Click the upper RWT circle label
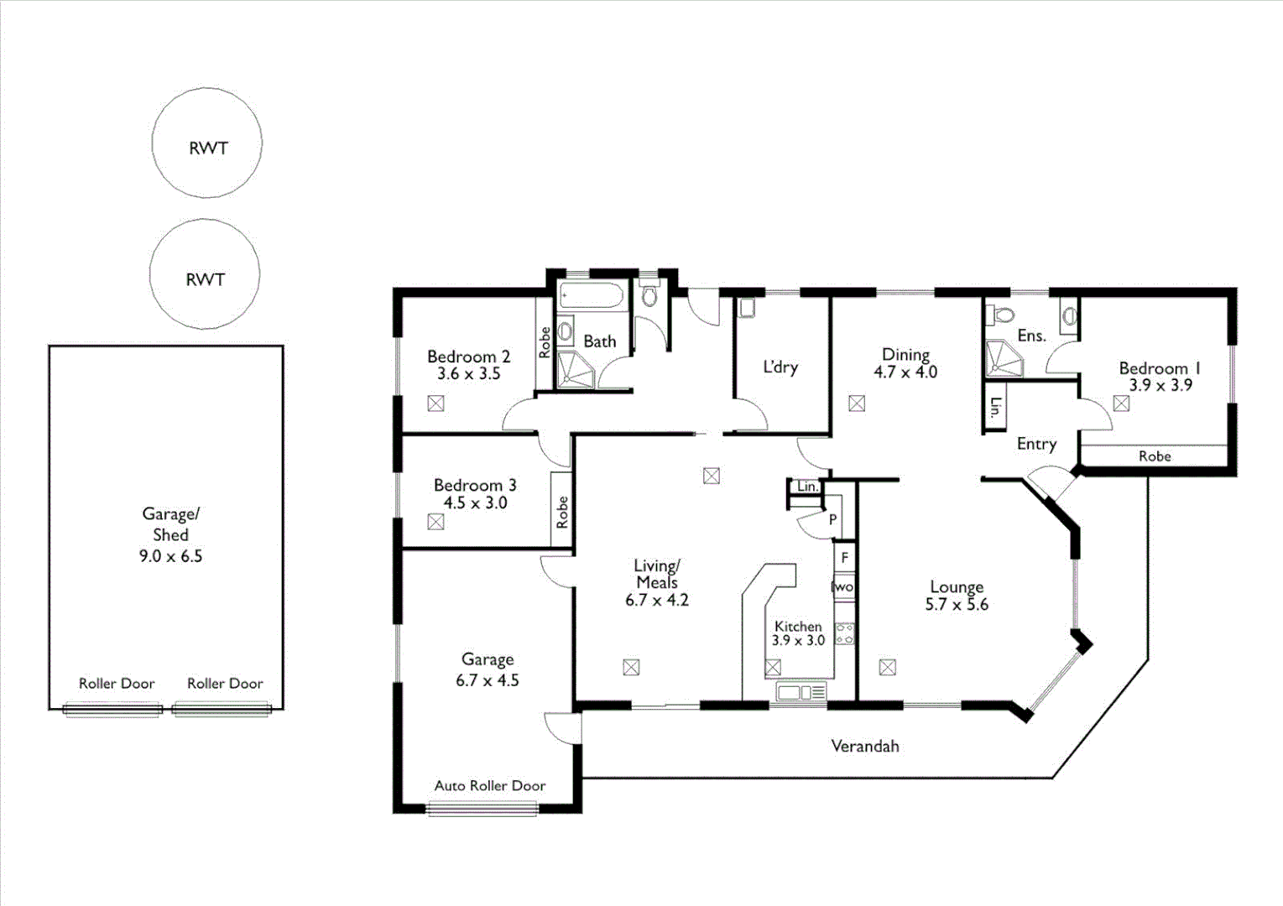pos(208,148)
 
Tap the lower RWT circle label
pos(206,279)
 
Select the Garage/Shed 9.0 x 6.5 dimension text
pos(170,556)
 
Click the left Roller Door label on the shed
pos(117,684)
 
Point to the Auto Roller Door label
pos(490,786)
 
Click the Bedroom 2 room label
pos(468,357)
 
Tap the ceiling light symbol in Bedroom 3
pos(435,522)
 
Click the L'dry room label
pos(780,367)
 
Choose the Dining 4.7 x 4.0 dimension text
pos(905,372)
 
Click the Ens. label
pos(1031,336)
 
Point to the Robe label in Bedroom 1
pos(1155,456)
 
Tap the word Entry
pos(1036,444)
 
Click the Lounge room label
pos(957,587)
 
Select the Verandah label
pos(864,746)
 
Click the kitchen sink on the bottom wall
pos(801,692)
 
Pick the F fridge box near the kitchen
pos(845,557)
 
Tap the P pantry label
pos(832,520)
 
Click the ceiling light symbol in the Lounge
pos(887,668)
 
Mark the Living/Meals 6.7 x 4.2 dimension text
pos(656,601)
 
